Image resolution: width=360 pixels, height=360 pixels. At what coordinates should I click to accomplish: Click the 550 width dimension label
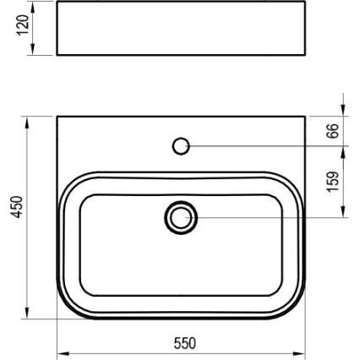pyautogui.click(x=185, y=342)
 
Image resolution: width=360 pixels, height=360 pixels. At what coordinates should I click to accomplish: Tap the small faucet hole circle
pyautogui.click(x=180, y=146)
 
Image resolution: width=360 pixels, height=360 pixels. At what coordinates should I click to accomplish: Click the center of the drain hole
pyautogui.click(x=180, y=218)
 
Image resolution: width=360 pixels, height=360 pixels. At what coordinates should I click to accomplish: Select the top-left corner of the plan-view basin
pyautogui.click(x=57, y=117)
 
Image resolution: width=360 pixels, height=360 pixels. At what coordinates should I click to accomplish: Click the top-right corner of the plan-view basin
pyautogui.click(x=303, y=117)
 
